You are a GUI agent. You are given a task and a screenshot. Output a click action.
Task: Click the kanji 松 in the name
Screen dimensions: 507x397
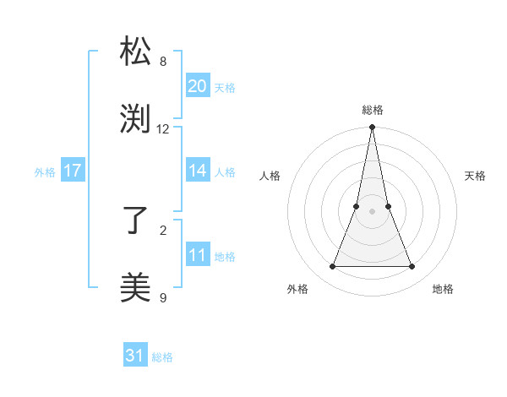pyautogui.click(x=136, y=52)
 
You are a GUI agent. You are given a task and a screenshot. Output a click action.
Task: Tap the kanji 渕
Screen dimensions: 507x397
pyautogui.click(x=136, y=119)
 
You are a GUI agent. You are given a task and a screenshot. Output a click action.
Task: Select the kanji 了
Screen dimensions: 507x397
pyautogui.click(x=136, y=221)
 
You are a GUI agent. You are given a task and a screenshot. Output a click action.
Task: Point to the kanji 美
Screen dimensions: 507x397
pyautogui.click(x=136, y=288)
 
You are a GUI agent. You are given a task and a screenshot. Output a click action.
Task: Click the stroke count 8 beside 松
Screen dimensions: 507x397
pyautogui.click(x=163, y=62)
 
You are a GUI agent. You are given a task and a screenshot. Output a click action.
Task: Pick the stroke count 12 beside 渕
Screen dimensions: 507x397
pyautogui.click(x=163, y=129)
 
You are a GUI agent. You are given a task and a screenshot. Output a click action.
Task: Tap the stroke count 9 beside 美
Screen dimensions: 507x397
pyautogui.click(x=163, y=297)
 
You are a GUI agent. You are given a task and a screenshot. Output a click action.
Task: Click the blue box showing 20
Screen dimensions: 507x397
pyautogui.click(x=197, y=85)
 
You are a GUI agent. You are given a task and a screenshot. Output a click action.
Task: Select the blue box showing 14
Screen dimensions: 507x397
pyautogui.click(x=197, y=171)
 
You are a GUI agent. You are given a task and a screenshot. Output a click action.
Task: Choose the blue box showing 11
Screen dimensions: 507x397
pyautogui.click(x=197, y=255)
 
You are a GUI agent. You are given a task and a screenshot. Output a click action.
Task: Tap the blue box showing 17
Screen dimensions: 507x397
pyautogui.click(x=73, y=171)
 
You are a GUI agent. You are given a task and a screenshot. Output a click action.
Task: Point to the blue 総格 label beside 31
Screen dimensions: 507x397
pyautogui.click(x=162, y=357)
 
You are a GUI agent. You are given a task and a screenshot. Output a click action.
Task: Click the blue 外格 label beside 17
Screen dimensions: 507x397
pyautogui.click(x=45, y=172)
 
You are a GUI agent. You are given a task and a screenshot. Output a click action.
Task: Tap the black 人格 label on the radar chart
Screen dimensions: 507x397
pyautogui.click(x=270, y=176)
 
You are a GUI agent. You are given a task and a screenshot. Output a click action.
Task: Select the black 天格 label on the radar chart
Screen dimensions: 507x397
pyautogui.click(x=475, y=176)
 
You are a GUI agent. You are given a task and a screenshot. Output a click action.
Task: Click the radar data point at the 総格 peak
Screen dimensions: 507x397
pyautogui.click(x=372, y=128)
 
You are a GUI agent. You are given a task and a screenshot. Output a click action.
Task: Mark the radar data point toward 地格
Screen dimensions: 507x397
pyautogui.click(x=412, y=267)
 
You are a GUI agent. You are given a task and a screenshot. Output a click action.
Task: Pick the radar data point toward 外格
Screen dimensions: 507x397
pyautogui.click(x=332, y=267)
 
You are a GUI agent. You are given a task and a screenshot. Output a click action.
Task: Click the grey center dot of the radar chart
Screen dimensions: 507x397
pyautogui.click(x=372, y=211)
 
